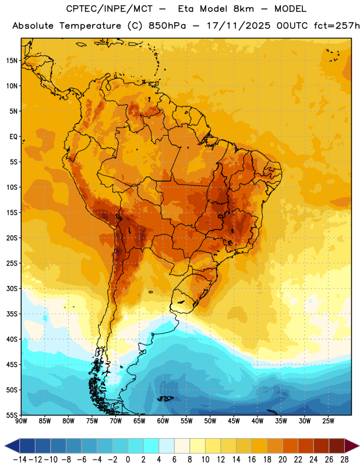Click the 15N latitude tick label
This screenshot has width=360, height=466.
(12, 61)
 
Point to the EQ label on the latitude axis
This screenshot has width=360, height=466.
(13, 137)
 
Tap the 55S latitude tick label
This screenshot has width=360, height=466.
(12, 415)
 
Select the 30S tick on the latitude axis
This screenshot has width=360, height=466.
(12, 288)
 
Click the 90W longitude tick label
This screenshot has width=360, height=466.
(21, 421)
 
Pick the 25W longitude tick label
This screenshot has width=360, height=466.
(328, 421)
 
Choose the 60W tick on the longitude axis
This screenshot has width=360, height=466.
(163, 421)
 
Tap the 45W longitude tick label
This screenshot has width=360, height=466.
(234, 421)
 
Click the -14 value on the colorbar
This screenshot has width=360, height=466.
(20, 460)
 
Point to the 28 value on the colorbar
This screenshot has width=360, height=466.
(344, 460)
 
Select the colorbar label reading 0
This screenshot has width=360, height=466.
(128, 460)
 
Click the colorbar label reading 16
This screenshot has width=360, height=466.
(252, 460)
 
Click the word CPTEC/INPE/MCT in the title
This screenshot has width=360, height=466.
(109, 9)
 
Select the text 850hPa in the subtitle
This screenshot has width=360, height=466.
(167, 26)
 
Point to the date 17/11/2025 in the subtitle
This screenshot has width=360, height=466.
(238, 26)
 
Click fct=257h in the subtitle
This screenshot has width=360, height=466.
(337, 26)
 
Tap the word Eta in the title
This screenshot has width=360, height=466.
(186, 9)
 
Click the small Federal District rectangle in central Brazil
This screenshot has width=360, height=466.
(221, 216)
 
